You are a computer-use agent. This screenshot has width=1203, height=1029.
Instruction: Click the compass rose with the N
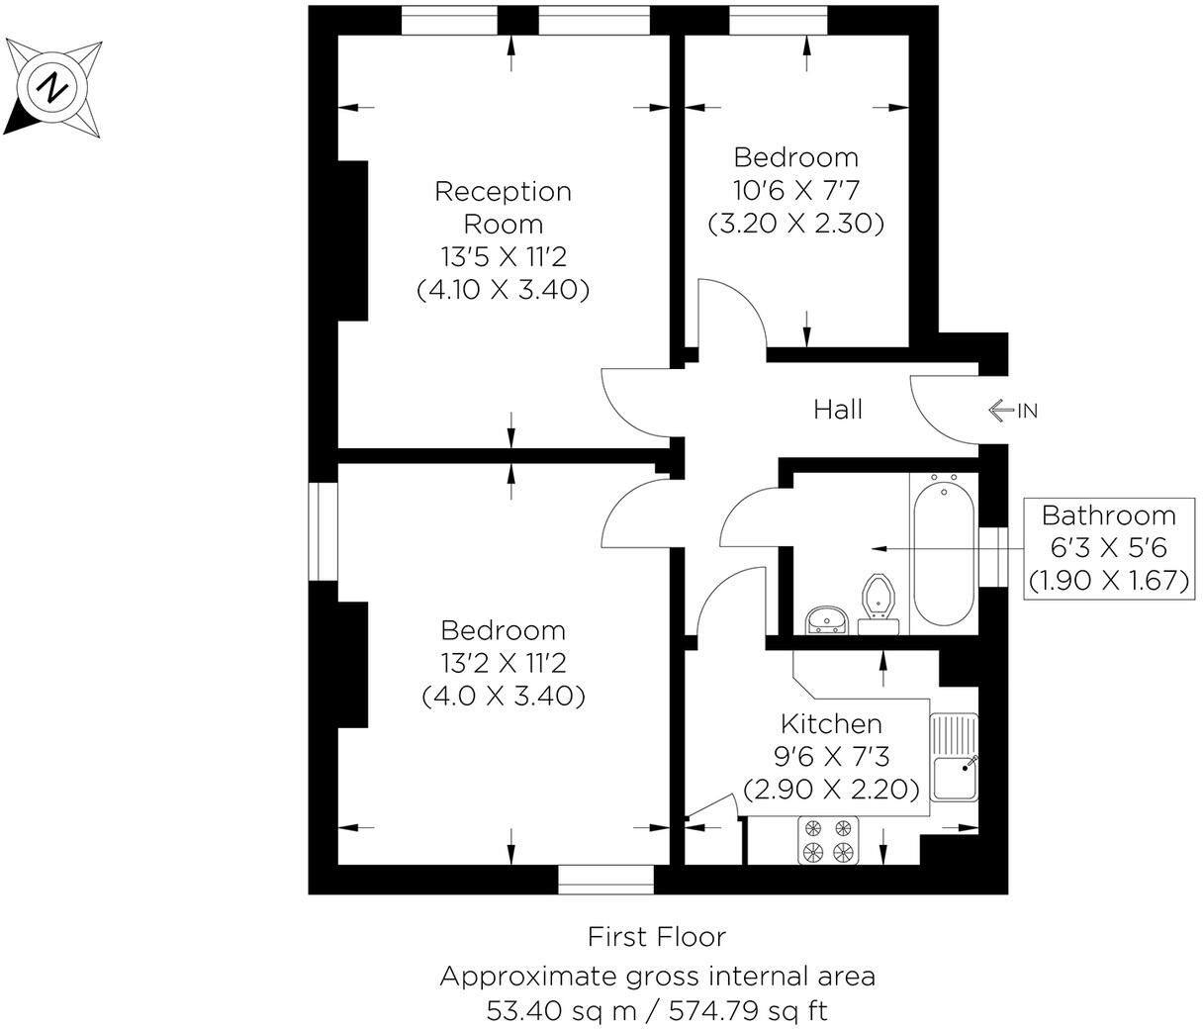(53, 88)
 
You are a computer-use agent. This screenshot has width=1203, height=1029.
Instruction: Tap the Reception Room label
(503, 207)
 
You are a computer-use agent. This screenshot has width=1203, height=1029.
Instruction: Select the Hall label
(838, 410)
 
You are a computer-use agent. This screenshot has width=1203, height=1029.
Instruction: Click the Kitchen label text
(831, 723)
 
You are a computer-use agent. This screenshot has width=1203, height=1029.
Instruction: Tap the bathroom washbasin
(826, 620)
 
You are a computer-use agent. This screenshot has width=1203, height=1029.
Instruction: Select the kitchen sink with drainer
(954, 758)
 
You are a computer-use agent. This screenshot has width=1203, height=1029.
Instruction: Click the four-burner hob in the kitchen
(828, 840)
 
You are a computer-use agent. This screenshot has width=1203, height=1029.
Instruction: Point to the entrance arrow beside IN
(1000, 410)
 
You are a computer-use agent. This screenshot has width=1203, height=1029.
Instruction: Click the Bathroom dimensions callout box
(1108, 547)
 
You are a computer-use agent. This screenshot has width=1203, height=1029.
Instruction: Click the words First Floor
(657, 936)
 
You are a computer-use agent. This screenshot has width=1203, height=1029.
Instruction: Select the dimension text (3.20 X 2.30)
(795, 224)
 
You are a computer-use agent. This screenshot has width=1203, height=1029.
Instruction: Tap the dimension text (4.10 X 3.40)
(503, 291)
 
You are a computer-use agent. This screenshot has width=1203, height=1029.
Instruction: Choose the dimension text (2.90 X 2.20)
(831, 790)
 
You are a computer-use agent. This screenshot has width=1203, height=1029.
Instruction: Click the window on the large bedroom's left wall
(323, 531)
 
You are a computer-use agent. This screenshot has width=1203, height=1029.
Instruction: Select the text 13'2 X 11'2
(503, 663)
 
